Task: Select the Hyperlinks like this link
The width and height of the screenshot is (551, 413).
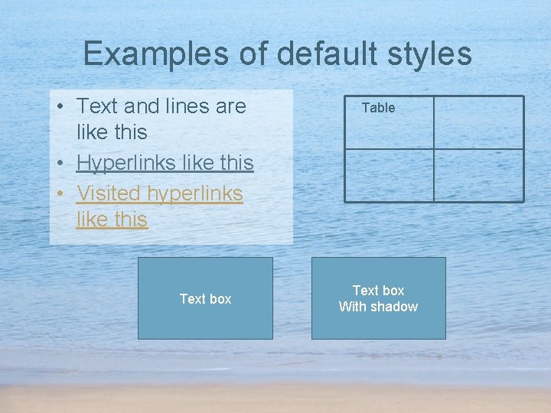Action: (165, 163)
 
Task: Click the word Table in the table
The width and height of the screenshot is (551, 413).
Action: (378, 108)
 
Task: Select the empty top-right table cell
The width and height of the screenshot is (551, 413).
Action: (478, 122)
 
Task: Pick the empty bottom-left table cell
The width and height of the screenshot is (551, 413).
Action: (389, 175)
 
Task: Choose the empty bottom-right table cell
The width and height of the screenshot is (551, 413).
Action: (478, 175)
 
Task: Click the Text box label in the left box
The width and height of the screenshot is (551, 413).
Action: (205, 299)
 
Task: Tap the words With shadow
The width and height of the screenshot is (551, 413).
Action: (378, 307)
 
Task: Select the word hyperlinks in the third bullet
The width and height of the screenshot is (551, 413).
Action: (194, 193)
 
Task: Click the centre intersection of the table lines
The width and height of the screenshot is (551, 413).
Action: (434, 149)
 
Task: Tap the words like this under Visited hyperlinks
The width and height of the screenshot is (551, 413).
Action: (112, 220)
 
